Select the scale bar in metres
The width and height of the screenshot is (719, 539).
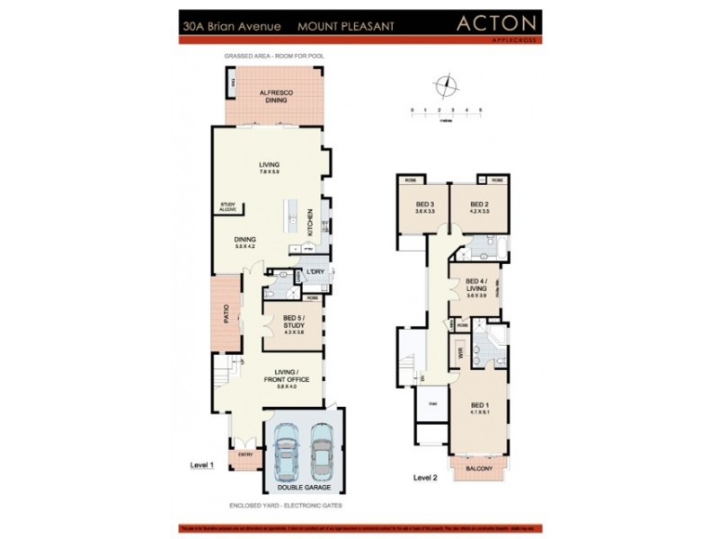(447, 115)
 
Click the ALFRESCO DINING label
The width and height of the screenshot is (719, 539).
(273, 96)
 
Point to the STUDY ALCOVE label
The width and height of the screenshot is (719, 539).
(228, 208)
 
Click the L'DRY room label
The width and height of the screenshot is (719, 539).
(315, 272)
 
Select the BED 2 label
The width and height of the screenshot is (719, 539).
(479, 206)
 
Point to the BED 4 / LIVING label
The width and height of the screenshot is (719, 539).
(476, 286)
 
